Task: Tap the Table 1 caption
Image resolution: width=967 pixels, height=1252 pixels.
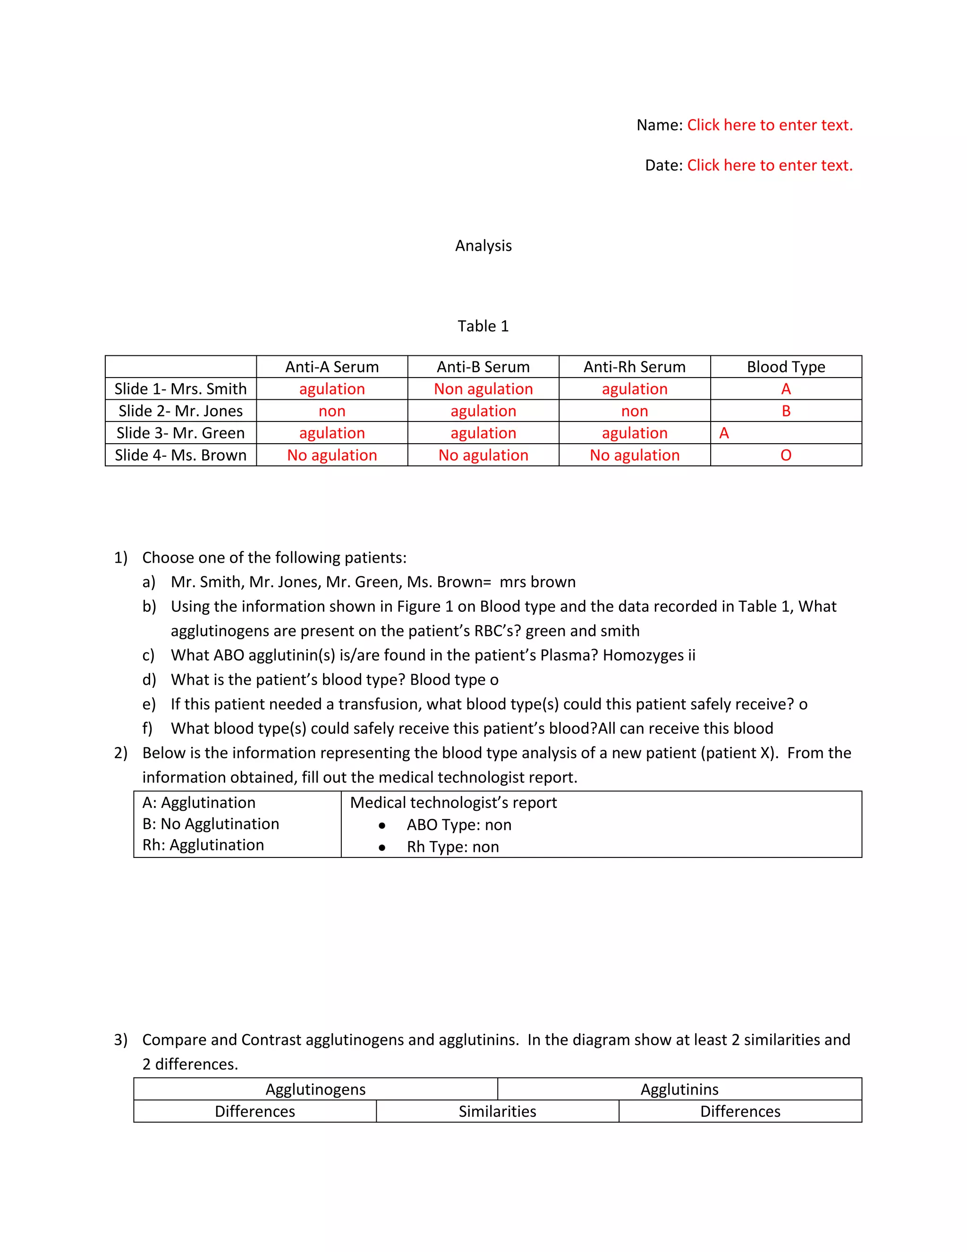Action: click(x=483, y=326)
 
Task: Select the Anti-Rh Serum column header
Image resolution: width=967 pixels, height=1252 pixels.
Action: click(x=634, y=367)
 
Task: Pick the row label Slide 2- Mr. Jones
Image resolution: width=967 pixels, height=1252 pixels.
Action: click(x=180, y=411)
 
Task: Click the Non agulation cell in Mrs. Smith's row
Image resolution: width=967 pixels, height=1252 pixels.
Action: click(x=483, y=389)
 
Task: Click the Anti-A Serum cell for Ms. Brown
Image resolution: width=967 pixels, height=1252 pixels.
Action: click(x=331, y=455)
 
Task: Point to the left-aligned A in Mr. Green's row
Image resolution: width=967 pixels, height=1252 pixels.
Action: click(x=724, y=433)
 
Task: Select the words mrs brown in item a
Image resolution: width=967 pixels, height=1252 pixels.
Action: click(x=537, y=582)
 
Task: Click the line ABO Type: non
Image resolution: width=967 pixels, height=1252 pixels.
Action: click(x=459, y=825)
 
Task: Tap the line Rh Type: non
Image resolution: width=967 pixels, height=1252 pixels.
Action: click(x=452, y=847)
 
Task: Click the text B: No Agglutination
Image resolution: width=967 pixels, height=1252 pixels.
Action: click(x=210, y=824)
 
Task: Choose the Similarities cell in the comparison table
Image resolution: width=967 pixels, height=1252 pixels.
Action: click(x=497, y=1112)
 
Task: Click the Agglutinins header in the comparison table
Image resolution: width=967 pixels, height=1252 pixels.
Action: click(x=679, y=1089)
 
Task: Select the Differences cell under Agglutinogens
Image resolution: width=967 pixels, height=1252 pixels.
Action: click(x=254, y=1112)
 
